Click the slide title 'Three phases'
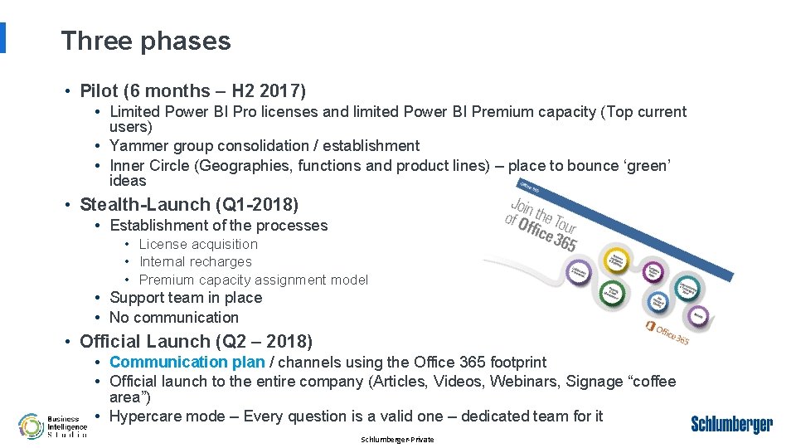[x=146, y=41]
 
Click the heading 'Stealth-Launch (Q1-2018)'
[x=188, y=204]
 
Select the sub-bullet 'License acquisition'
[x=198, y=244]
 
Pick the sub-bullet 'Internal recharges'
[x=195, y=261]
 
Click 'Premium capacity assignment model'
[x=253, y=280]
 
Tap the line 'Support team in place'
[x=186, y=298]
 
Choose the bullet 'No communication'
[x=173, y=318]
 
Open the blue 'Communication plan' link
[x=187, y=362]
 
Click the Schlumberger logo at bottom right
[x=731, y=425]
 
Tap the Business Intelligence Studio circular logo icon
[x=32, y=426]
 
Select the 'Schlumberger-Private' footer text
[x=397, y=440]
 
